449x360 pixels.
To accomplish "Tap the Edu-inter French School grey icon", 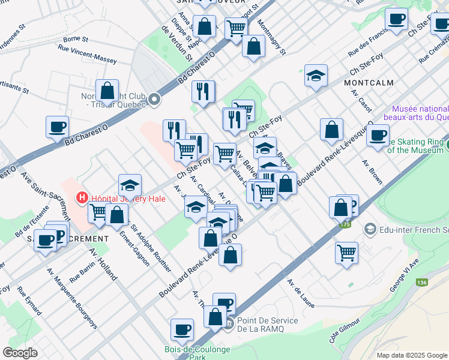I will pos(370,229).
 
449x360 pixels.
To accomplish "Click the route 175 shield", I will pos(345,224).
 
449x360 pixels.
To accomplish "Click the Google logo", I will pos(20,352).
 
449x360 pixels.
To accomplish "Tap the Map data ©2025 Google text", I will pos(411,355).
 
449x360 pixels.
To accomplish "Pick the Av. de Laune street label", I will pos(301,293).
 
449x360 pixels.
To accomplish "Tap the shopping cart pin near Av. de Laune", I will pos(346,251).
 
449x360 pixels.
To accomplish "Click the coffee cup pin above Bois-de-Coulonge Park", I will pos(182,329).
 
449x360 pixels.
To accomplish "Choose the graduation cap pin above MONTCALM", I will pos(316,76).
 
